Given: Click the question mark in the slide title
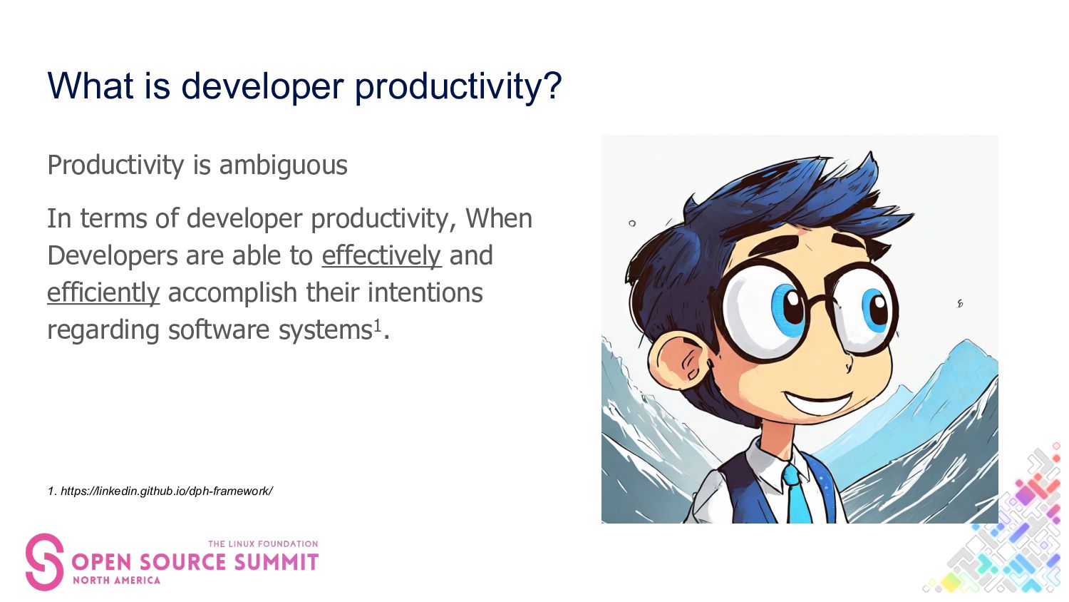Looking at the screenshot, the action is tap(552, 86).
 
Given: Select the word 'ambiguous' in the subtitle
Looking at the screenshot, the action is tap(284, 165).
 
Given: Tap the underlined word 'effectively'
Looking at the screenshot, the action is tap(381, 255).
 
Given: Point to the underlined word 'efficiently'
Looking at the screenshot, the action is tap(103, 292).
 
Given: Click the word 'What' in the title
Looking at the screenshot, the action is tap(91, 86).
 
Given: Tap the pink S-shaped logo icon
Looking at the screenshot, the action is tap(44, 562).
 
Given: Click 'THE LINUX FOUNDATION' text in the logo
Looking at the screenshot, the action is tap(263, 544).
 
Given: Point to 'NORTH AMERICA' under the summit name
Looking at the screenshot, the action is tap(116, 581).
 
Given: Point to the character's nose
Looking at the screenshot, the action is tap(849, 365).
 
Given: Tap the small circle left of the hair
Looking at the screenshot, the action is tap(632, 223).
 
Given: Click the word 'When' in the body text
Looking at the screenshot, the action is tap(499, 219).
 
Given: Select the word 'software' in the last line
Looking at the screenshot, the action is tap(219, 330).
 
